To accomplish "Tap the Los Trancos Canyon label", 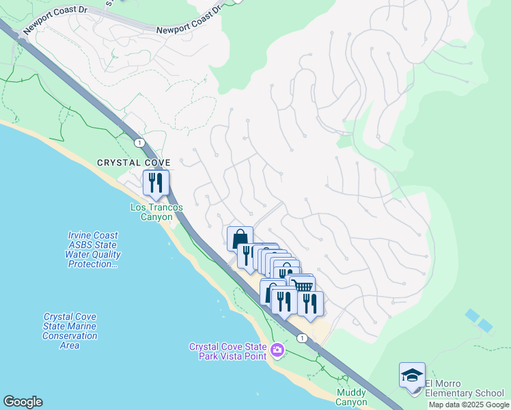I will pos(156,212).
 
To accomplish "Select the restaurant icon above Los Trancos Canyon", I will pos(156,182).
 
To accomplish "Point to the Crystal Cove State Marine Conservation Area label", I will pos(70,331).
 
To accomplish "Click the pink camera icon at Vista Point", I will pos(277,351).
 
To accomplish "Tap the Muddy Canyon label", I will pos(352,397).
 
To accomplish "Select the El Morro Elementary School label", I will pos(465,387).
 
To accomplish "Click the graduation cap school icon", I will pos(412,375).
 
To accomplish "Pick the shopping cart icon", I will pos(304,285).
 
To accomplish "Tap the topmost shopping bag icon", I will pos(240,239).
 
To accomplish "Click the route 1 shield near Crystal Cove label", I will pos(139,142).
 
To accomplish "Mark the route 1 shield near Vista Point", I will pos(301,338).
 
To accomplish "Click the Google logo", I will pos(23,402).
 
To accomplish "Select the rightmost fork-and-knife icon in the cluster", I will pos(310,303).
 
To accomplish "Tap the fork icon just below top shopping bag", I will pos(247,256).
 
